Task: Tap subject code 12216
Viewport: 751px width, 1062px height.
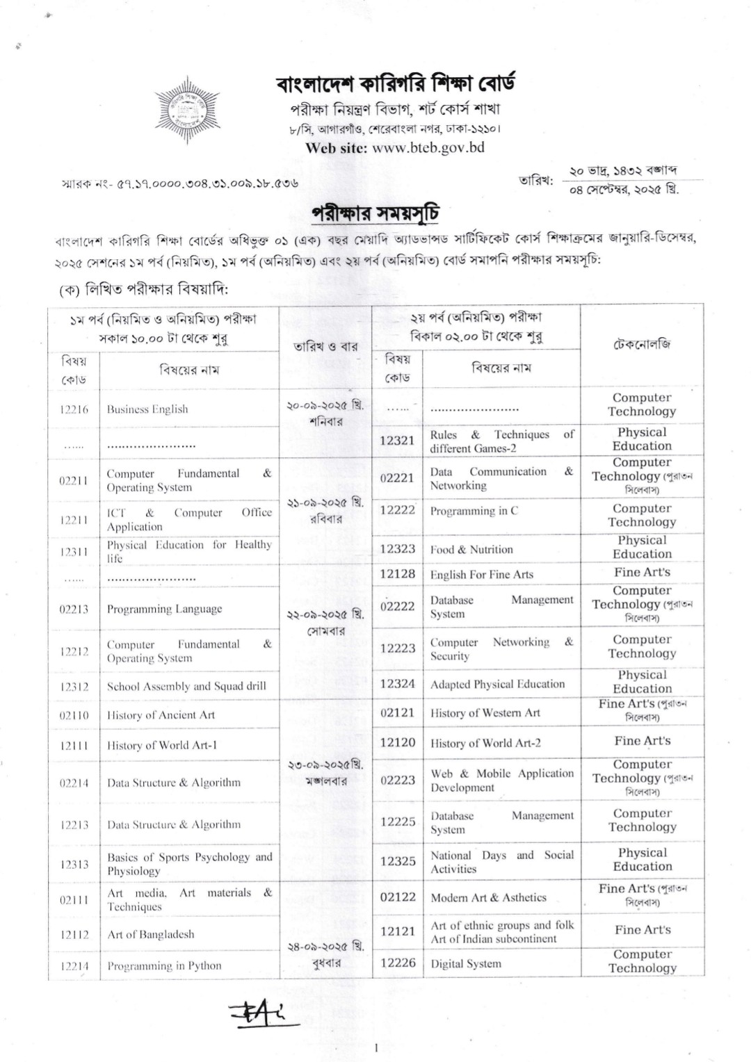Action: [74, 409]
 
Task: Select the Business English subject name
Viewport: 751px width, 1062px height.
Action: [147, 409]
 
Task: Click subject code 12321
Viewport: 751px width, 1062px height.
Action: [397, 441]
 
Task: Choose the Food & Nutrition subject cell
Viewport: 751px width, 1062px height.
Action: [471, 549]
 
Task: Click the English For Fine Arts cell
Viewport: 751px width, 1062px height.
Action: [482, 574]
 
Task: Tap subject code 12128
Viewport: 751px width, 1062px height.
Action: [397, 573]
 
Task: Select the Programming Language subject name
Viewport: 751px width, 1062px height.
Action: [164, 609]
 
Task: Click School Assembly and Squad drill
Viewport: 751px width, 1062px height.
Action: [186, 686]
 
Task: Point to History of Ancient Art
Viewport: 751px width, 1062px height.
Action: [161, 715]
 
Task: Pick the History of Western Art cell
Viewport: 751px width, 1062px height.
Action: [485, 712]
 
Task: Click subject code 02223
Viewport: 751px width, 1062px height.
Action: [397, 780]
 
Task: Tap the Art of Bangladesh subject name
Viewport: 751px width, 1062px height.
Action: [150, 934]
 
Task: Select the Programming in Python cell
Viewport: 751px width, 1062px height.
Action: [164, 965]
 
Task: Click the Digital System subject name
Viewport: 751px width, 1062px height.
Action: [466, 963]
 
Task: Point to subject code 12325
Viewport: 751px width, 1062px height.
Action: [397, 861]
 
